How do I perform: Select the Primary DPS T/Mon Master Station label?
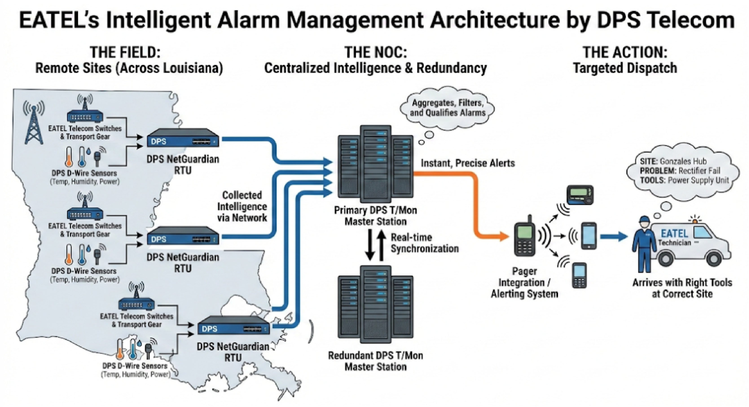pyautogui.click(x=375, y=216)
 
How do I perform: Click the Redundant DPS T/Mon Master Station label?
pyautogui.click(x=375, y=361)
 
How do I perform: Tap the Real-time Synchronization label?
pyautogui.click(x=424, y=243)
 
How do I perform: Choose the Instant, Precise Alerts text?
pyautogui.click(x=468, y=163)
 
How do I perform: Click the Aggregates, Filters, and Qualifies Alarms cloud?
pyautogui.click(x=448, y=108)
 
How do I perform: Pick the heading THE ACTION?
pyautogui.click(x=625, y=53)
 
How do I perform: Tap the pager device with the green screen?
pyautogui.click(x=580, y=194)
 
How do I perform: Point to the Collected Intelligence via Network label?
pyautogui.click(x=242, y=206)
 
